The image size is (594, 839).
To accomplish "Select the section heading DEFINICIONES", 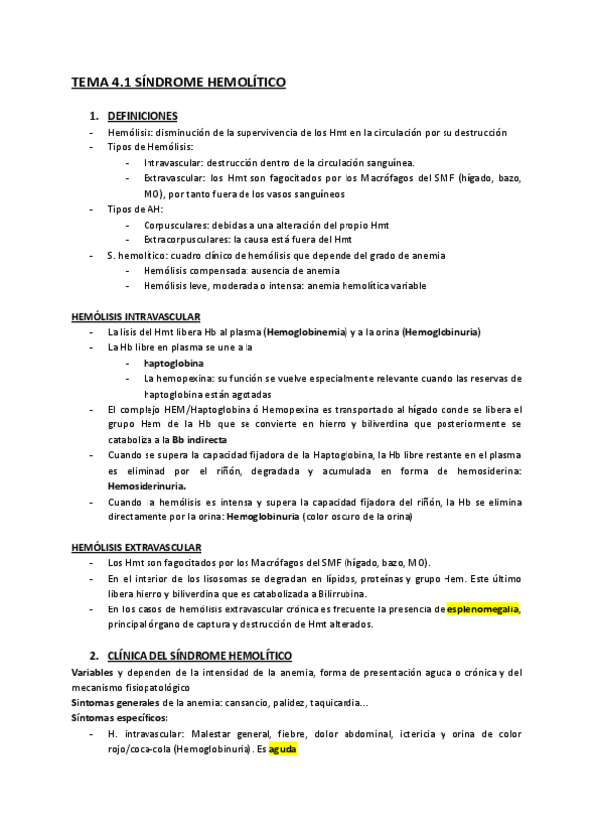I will pyautogui.click(x=142, y=116).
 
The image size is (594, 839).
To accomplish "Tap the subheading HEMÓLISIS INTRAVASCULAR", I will pyautogui.click(x=137, y=317).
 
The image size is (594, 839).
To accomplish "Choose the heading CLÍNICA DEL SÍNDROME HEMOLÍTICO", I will pyautogui.click(x=197, y=655).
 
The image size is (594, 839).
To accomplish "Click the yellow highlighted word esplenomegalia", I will pyautogui.click(x=483, y=609).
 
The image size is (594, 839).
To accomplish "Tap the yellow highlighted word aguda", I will pyautogui.click(x=283, y=750).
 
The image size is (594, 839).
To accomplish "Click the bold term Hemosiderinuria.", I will pyautogui.click(x=147, y=487).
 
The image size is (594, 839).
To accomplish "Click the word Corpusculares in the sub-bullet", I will pyautogui.click(x=178, y=224).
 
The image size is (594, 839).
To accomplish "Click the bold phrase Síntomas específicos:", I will pyautogui.click(x=120, y=717).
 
